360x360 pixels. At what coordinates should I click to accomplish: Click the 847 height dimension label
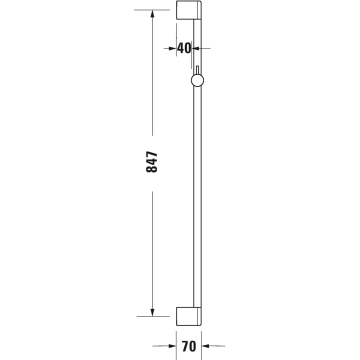point(152,162)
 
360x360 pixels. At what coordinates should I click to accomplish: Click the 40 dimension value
point(184,48)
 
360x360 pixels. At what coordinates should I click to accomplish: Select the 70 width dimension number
point(188,345)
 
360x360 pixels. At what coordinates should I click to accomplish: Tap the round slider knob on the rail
point(197,81)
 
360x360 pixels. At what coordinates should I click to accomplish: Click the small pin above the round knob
point(197,69)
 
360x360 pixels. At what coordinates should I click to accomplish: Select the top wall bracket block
point(189,11)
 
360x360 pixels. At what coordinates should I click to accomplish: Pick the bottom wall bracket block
point(189,315)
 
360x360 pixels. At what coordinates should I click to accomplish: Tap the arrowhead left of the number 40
point(172,48)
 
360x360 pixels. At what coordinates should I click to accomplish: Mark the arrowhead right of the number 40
point(196,48)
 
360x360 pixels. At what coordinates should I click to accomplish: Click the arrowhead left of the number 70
point(171,345)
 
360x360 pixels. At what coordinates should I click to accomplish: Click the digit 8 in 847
point(152,169)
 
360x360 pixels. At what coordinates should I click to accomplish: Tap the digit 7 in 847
point(152,154)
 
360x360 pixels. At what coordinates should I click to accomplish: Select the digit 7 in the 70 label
point(184,345)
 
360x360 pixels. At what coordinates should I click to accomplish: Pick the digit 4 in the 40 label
point(181,48)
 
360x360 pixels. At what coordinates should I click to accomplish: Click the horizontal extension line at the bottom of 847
point(155,316)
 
